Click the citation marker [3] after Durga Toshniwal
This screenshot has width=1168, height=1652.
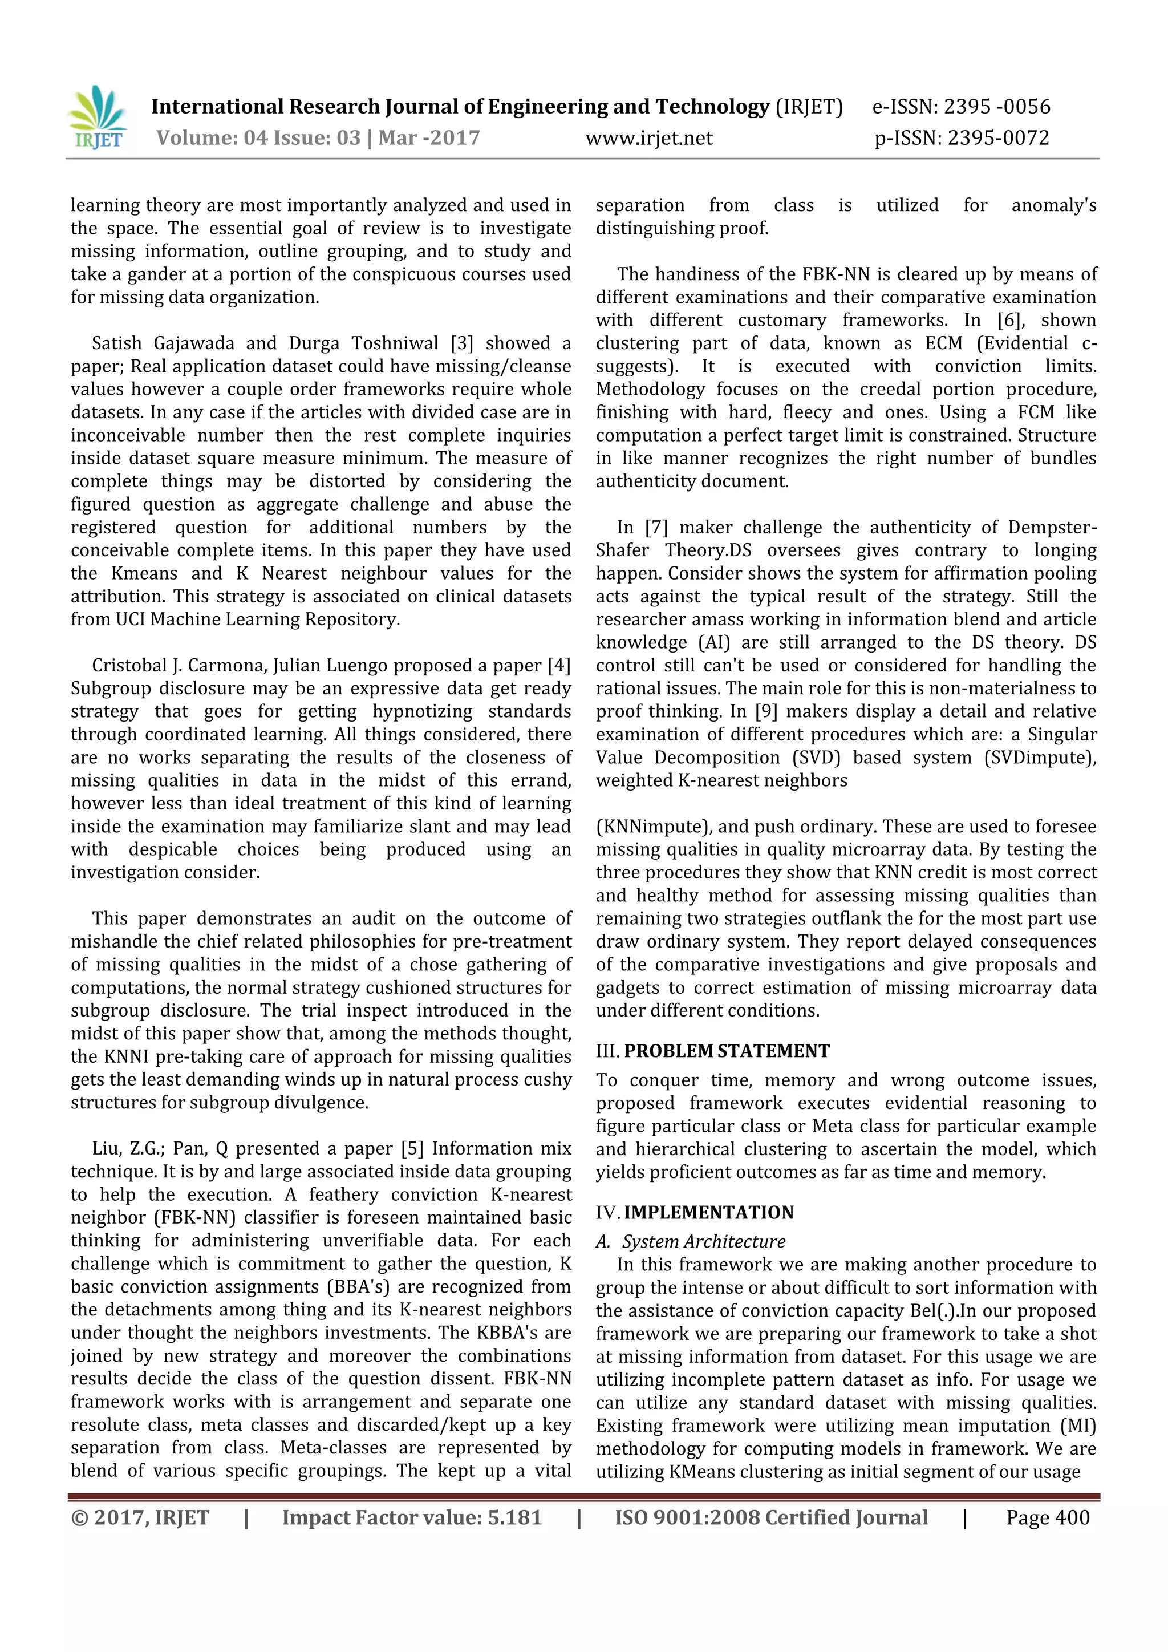click(x=462, y=343)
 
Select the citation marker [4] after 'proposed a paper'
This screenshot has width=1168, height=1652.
click(x=559, y=666)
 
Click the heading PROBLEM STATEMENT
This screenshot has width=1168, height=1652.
click(x=727, y=1051)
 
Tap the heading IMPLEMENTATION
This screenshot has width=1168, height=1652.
click(x=708, y=1212)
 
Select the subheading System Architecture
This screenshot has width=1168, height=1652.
click(x=703, y=1242)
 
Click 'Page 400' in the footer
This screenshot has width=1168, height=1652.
click(x=1047, y=1517)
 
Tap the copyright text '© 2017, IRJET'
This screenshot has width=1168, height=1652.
click(x=140, y=1517)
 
